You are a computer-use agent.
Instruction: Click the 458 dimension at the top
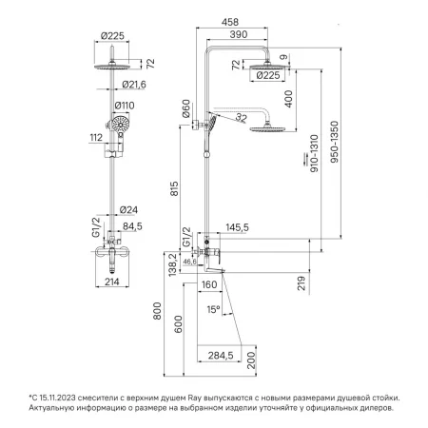[230, 22]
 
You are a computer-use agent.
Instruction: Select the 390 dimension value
[238, 34]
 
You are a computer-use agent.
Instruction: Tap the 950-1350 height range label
[334, 142]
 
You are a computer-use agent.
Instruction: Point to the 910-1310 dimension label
[314, 153]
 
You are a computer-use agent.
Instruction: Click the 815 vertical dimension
[174, 188]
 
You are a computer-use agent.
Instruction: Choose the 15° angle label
[213, 309]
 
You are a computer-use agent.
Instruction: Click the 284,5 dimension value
[221, 356]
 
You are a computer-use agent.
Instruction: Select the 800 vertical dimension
[157, 311]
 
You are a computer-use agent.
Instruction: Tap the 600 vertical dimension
[179, 324]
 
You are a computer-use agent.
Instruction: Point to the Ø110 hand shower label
[125, 106]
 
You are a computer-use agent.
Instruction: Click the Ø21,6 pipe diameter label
[134, 85]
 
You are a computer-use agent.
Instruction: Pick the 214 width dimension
[112, 282]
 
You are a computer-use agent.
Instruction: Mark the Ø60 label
[186, 108]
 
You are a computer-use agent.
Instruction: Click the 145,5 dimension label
[237, 227]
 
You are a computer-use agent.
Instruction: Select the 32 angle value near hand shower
[241, 118]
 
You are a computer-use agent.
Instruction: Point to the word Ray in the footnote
[194, 398]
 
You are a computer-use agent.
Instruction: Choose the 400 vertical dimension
[288, 99]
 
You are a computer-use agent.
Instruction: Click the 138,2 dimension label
[172, 264]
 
